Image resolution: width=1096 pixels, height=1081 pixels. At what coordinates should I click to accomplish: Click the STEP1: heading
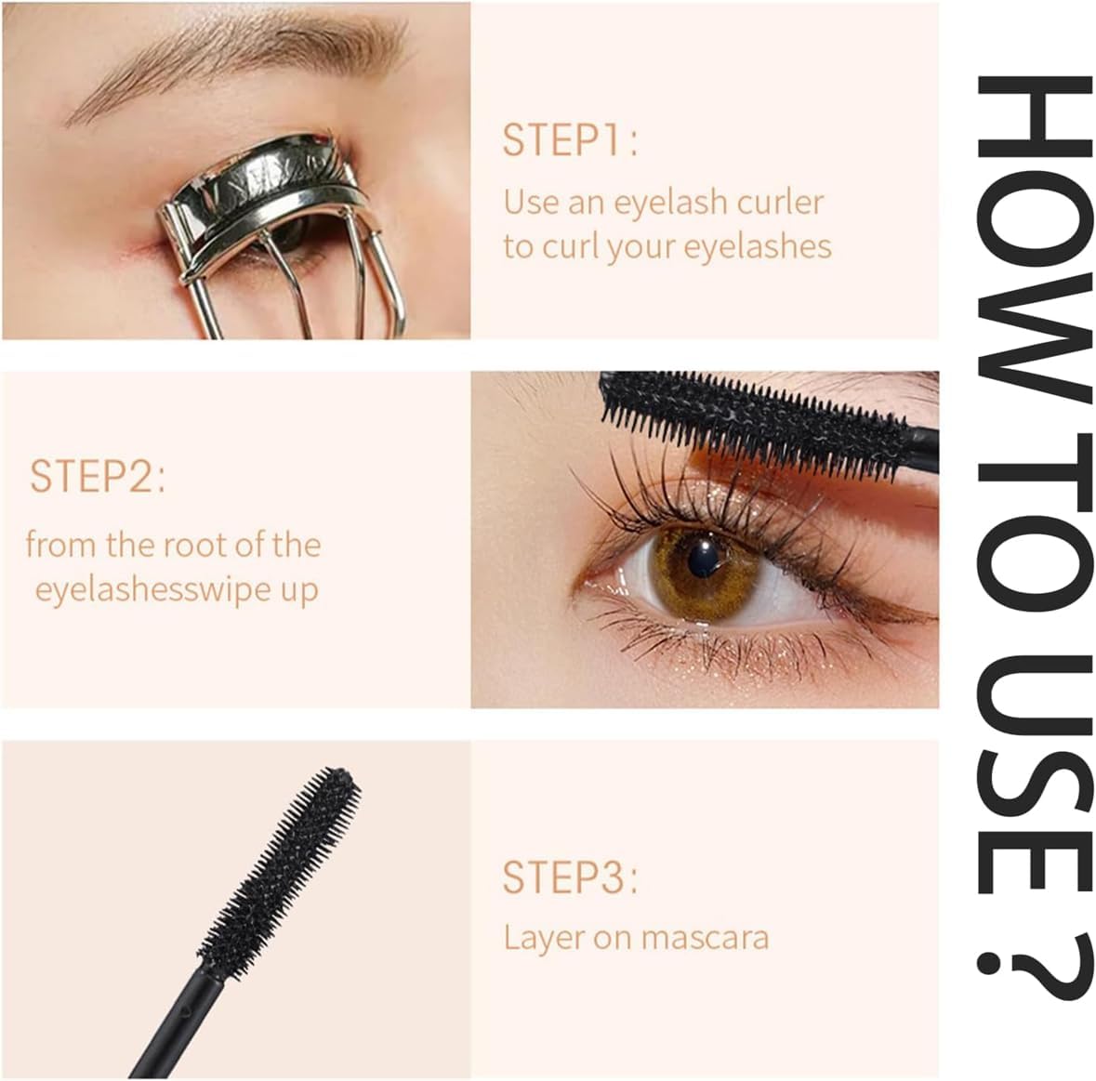click(570, 139)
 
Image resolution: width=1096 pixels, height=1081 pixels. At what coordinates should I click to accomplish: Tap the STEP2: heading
click(98, 476)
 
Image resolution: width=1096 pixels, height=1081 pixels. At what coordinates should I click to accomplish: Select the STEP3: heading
click(570, 877)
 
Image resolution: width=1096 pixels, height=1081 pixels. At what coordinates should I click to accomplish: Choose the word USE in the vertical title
click(1034, 774)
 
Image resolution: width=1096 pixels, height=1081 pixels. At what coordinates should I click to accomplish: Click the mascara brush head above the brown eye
click(755, 419)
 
